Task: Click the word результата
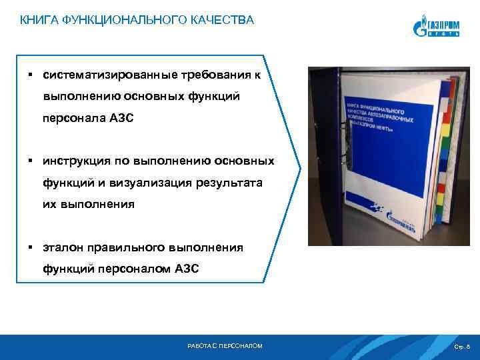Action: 227,183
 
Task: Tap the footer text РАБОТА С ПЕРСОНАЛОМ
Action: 226,346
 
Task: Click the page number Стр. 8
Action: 462,347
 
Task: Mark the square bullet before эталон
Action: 31,247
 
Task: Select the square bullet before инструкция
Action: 31,161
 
